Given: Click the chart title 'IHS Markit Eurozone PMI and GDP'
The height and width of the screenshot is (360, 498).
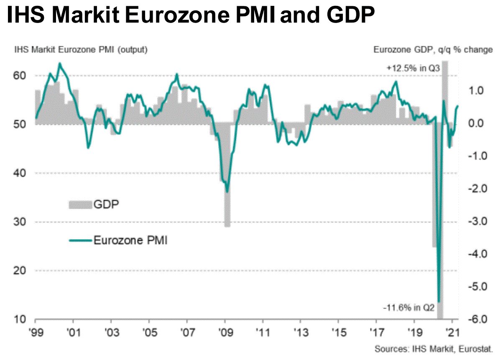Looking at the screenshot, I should pyautogui.click(x=190, y=17).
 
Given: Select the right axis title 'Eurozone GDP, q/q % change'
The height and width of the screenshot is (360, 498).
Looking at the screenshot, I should pyautogui.click(x=433, y=50).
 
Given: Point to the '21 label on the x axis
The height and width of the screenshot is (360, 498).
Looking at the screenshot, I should pyautogui.click(x=452, y=334).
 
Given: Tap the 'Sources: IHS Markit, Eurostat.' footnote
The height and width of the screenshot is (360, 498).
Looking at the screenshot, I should pyautogui.click(x=434, y=349).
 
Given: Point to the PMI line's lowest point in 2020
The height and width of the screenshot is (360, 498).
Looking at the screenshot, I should pyautogui.click(x=439, y=301).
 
